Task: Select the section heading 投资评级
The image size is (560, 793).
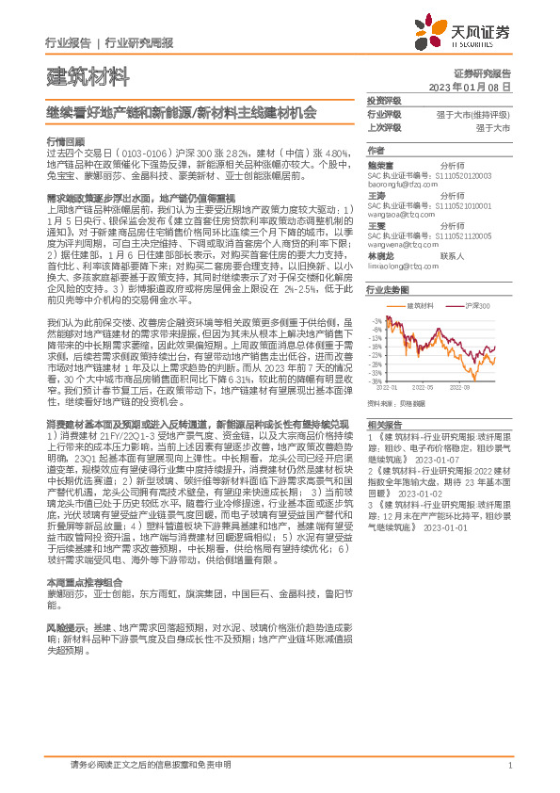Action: click(384, 101)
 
